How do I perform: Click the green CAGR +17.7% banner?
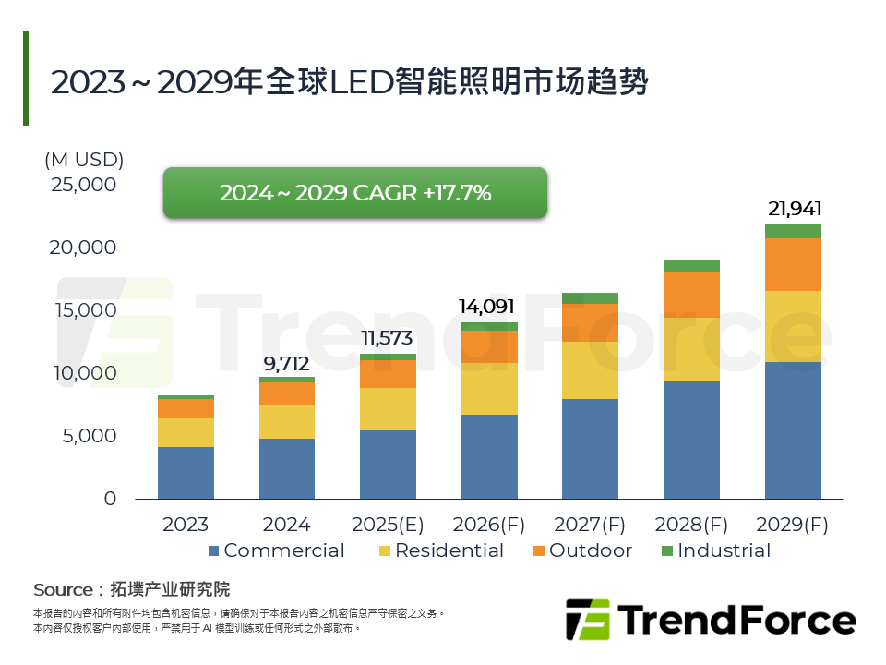(355, 193)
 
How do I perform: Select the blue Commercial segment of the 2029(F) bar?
(793, 429)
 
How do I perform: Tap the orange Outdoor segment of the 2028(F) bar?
(691, 295)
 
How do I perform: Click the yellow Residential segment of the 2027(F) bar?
(590, 370)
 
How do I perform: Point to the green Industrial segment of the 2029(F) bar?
(793, 231)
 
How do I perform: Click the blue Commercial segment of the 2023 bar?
(186, 473)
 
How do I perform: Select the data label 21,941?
(794, 209)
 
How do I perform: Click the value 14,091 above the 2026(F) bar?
(487, 307)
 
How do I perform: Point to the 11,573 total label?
(386, 338)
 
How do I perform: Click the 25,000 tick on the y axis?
(84, 185)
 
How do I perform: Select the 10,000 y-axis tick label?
(84, 373)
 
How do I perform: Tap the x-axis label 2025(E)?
(388, 525)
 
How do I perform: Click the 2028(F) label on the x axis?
(691, 525)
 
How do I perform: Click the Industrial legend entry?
(714, 551)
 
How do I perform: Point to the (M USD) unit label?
(84, 159)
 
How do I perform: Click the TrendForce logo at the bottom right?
(710, 619)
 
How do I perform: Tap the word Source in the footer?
(63, 589)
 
